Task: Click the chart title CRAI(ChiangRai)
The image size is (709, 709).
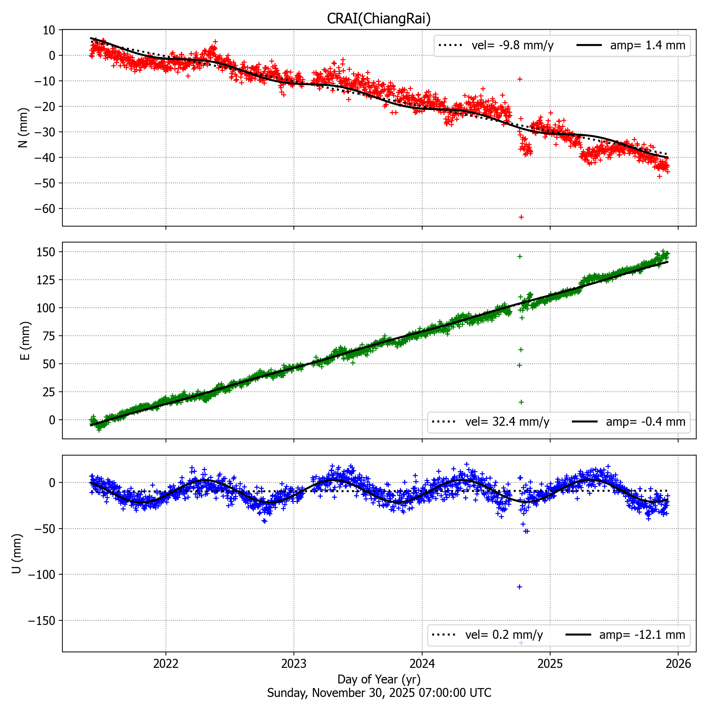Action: pos(379,18)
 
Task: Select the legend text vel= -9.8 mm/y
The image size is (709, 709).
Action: pos(512,45)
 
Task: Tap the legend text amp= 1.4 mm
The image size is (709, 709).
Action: pos(647,45)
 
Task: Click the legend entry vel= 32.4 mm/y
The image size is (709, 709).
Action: pos(507,422)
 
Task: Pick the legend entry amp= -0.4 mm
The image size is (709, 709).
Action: pos(646,422)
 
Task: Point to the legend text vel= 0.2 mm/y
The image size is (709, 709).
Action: pos(504,635)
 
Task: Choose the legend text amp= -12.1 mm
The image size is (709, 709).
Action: pos(642,635)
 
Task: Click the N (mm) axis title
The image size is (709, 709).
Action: pos(23,128)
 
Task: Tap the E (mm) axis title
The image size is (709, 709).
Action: pos(24,341)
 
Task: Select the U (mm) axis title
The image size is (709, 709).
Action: pos(17,553)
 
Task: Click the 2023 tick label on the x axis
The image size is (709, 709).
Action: pos(294,664)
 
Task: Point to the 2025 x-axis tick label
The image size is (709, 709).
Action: pos(550,664)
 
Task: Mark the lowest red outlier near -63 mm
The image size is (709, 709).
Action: pos(521,217)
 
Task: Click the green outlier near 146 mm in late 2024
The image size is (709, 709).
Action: pos(520,257)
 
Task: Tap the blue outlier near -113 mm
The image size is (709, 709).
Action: pos(520,587)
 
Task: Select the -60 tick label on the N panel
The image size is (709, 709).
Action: pos(45,209)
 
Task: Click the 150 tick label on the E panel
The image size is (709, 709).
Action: pos(46,252)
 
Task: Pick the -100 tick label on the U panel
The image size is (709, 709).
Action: pos(41,575)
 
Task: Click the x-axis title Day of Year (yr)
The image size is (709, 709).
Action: pos(379,679)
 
